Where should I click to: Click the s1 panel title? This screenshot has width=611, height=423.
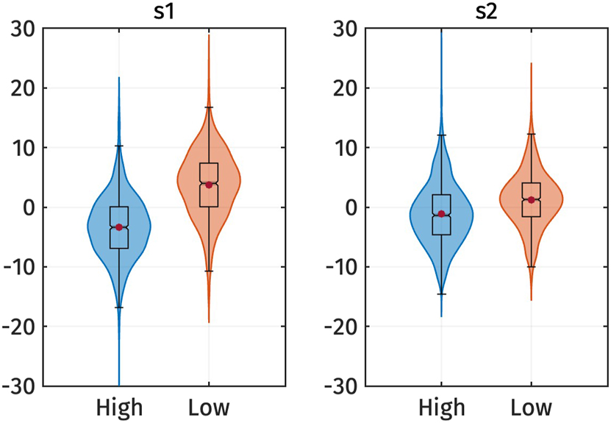tap(163, 12)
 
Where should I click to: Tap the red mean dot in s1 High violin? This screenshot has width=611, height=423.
tap(118, 227)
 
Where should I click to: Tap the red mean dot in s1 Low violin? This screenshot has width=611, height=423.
tap(209, 185)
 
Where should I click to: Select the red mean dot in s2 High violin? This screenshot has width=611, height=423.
tap(441, 214)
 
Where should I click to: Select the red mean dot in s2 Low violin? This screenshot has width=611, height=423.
tap(531, 199)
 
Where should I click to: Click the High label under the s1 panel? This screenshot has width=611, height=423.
tap(119, 407)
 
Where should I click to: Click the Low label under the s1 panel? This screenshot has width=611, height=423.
tap(209, 407)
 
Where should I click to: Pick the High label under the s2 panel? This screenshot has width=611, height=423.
tap(441, 407)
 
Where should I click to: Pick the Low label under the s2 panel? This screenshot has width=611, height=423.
tap(531, 407)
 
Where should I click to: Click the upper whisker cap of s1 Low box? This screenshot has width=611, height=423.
tap(209, 107)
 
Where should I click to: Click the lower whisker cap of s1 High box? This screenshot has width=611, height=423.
tap(118, 308)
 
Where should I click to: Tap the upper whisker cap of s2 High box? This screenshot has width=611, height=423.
tap(441, 135)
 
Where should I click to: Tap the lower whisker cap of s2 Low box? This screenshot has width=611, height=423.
tap(531, 267)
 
